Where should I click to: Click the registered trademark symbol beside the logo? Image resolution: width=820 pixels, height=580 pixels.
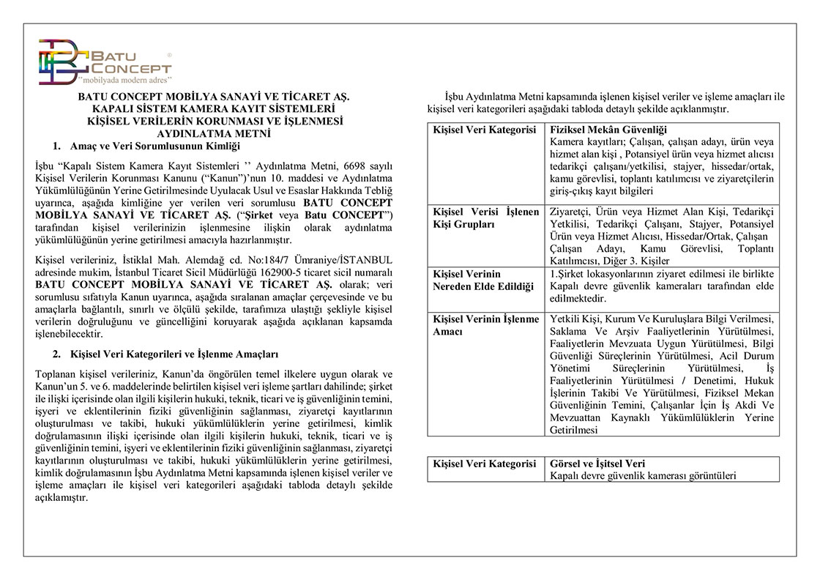(170, 55)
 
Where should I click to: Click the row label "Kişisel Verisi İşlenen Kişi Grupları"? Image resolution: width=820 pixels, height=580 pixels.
(485, 218)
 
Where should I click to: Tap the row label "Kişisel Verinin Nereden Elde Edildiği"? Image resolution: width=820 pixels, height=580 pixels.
(482, 280)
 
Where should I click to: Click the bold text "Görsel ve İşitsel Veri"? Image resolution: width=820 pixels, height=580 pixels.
(597, 464)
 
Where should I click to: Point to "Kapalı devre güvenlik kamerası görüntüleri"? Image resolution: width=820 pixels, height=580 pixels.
(644, 475)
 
